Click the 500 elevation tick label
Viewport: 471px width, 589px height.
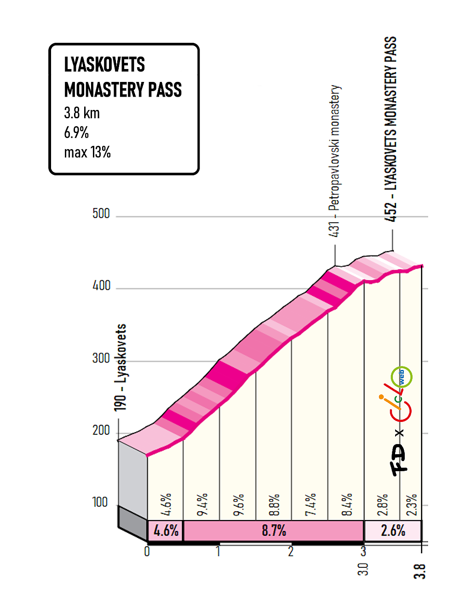point(101,214)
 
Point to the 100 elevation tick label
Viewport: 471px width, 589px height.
point(100,502)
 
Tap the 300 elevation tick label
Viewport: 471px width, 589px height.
point(101,358)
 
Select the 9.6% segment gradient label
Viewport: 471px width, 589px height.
point(238,505)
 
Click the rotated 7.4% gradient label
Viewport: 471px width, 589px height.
point(311,505)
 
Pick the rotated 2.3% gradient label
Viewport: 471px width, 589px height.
point(412,505)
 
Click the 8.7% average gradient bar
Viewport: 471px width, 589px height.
point(274,531)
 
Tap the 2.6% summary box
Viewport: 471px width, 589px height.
point(393,531)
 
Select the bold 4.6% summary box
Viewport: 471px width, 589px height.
point(166,531)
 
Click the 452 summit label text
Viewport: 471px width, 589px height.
point(390,129)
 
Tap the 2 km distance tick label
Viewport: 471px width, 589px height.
point(291,551)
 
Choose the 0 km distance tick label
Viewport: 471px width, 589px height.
point(147,551)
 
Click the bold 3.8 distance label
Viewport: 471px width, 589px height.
point(419,572)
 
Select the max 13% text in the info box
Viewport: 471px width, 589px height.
point(87,152)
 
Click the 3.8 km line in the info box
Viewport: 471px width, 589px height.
point(82,113)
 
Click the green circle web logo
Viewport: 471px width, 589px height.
point(401,377)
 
